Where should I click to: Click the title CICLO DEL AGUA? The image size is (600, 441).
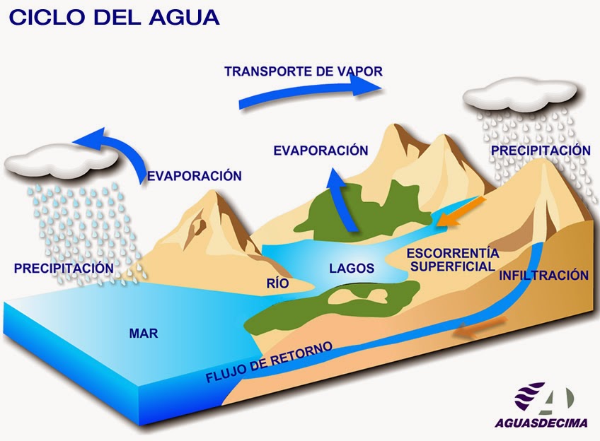113,18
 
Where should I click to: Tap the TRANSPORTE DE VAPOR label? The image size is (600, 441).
303,71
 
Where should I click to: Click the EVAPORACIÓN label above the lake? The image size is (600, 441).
321,151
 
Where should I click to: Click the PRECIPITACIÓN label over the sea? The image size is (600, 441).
64,268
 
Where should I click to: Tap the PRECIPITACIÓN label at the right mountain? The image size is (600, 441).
541,151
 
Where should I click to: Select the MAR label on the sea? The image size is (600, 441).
143,333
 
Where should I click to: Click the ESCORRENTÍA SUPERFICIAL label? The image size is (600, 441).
453,259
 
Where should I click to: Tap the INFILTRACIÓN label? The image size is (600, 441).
543,276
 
